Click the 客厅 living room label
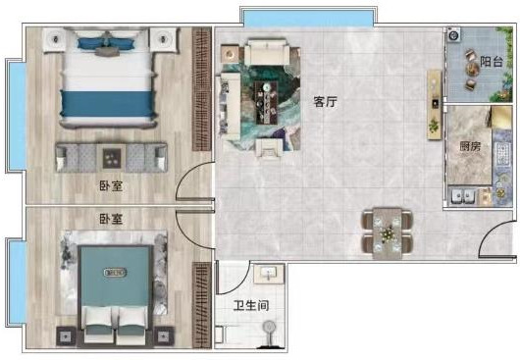click(x=325, y=102)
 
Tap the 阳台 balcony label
click(x=492, y=62)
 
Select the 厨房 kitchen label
click(x=470, y=146)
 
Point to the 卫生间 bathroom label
click(x=251, y=306)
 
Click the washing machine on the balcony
click(x=454, y=34)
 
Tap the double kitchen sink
click(x=463, y=196)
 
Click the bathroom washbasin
click(x=269, y=274)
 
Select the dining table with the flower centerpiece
click(x=387, y=233)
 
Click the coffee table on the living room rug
click(x=266, y=103)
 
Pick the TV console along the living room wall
click(x=434, y=105)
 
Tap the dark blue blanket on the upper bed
click(x=108, y=104)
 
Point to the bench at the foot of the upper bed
click(x=112, y=158)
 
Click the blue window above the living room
click(x=309, y=18)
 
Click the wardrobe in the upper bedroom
click(x=202, y=89)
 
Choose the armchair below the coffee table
click(x=269, y=148)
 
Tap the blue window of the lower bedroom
click(x=17, y=282)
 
